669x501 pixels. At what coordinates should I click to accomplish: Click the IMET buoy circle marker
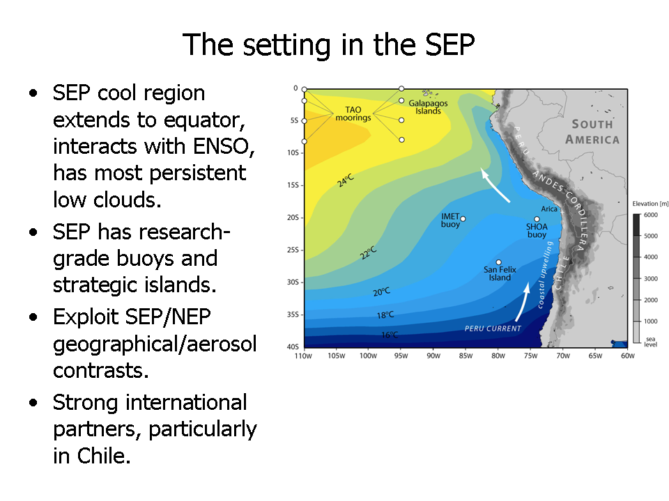coord(463,219)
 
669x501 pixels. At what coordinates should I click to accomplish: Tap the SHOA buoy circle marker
coord(537,219)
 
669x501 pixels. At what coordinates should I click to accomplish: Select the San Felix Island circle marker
coord(498,262)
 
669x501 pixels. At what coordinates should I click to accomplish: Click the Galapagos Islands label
coord(428,107)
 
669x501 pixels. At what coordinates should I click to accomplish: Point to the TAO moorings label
coord(353,113)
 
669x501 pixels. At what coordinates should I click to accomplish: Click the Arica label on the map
coord(549,209)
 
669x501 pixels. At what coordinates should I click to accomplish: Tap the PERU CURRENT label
coord(493,328)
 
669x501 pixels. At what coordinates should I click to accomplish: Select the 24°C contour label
coord(346,180)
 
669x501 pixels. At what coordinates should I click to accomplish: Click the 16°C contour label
coord(390,335)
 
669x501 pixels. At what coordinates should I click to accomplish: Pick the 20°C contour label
coord(381,292)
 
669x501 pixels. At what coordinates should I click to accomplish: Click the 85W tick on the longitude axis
coord(466,356)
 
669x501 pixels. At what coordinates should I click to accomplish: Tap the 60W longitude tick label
coord(628,356)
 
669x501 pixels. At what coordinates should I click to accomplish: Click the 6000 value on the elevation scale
coord(651,215)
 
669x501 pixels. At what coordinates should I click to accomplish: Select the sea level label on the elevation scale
coord(651,342)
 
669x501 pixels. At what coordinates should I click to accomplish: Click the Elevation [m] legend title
coord(650,204)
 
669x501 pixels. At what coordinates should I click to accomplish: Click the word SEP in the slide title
coord(449,45)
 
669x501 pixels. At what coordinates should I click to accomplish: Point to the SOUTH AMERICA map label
coord(592,132)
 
